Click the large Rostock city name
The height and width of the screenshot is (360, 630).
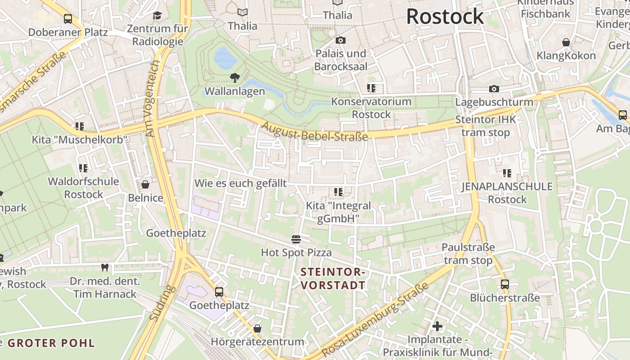point(445,17)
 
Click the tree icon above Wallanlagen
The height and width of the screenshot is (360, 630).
point(234,78)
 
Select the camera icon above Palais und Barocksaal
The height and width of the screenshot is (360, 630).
point(341,40)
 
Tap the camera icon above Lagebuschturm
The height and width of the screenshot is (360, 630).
point(494,89)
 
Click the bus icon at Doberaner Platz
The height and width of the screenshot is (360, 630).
point(68,19)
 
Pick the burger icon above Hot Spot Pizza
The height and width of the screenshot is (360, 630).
point(296,239)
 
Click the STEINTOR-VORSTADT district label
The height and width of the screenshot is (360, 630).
point(333,279)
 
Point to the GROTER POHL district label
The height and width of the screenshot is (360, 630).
point(51,343)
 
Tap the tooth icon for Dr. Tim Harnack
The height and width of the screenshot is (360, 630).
point(105,268)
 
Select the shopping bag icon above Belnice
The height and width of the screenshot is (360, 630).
point(145,184)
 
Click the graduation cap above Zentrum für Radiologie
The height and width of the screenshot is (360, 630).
point(157,16)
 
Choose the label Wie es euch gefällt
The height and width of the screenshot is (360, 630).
point(240,183)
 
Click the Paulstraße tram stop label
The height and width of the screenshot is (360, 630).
point(468,254)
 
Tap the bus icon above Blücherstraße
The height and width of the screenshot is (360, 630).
point(505,284)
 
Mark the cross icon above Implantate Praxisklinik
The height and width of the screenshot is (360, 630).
point(437,326)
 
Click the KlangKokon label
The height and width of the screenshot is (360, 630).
point(566,56)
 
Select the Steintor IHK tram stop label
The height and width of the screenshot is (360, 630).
point(486,126)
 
